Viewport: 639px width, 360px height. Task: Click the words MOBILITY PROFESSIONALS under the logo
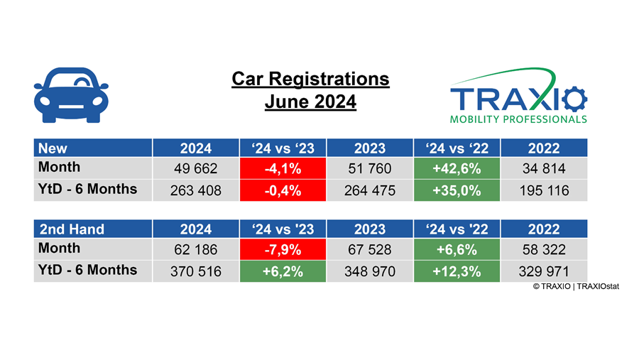pyautogui.click(x=518, y=119)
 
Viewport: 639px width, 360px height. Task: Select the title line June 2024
pyautogui.click(x=310, y=102)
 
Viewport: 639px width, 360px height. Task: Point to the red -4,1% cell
pyautogui.click(x=282, y=168)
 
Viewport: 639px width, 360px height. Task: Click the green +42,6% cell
pyautogui.click(x=457, y=168)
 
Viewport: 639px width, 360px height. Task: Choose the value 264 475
pyautogui.click(x=369, y=190)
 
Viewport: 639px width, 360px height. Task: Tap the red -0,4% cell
pyautogui.click(x=282, y=190)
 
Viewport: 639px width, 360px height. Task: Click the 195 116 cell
pyautogui.click(x=544, y=190)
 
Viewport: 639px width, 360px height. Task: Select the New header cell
pyautogui.click(x=92, y=148)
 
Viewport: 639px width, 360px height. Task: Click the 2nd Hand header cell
pyautogui.click(x=92, y=229)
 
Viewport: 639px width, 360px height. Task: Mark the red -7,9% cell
pyautogui.click(x=282, y=249)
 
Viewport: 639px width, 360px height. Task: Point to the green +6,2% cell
pyautogui.click(x=282, y=271)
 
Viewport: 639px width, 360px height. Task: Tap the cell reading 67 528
pyautogui.click(x=369, y=249)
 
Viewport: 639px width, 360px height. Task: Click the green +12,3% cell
pyautogui.click(x=457, y=271)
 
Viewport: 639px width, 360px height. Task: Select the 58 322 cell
pyautogui.click(x=544, y=249)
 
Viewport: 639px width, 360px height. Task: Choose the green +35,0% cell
pyautogui.click(x=457, y=190)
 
